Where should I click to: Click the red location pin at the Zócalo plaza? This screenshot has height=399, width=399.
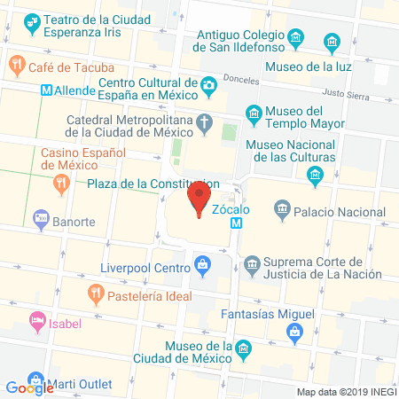199,197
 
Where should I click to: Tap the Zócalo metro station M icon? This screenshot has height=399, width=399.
236,224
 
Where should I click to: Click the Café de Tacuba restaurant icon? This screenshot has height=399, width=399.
17,64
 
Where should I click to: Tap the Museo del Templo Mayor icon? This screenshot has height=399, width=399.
254,113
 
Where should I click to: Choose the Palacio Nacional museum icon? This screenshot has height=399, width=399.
282,210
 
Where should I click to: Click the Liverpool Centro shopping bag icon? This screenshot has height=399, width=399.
203,263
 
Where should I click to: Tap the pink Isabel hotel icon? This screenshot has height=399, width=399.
36,319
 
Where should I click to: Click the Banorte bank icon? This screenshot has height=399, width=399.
39,216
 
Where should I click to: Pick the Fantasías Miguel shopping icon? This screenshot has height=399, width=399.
293,332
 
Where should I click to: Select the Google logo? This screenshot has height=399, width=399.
31,387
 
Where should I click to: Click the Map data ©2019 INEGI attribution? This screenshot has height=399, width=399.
345,391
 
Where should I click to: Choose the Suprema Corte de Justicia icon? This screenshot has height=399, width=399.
252,263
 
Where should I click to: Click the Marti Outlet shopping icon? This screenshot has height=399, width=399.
35,379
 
